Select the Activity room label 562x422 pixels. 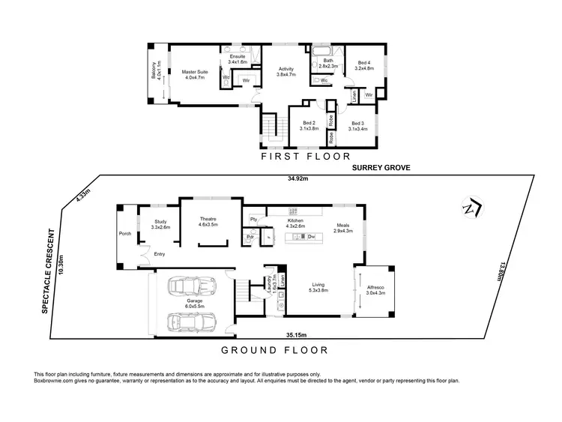click(286, 72)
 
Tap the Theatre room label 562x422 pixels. click(207, 222)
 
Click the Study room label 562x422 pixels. click(161, 224)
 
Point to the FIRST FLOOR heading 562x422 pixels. click(305, 157)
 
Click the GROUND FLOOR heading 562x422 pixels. click(275, 350)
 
